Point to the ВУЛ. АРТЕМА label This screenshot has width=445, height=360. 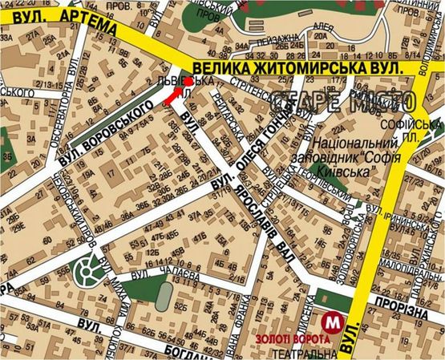coord(60,18)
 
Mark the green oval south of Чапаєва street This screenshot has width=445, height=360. coord(162,298)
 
